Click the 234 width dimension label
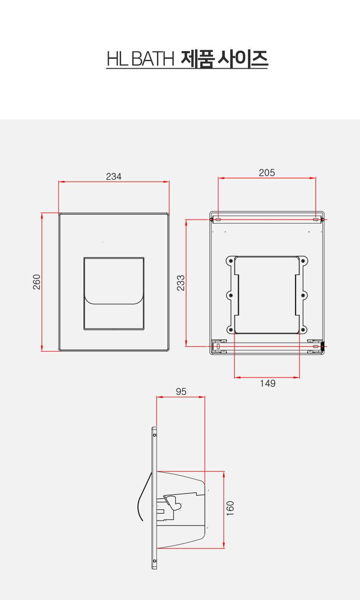pos(113,177)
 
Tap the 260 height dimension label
pos(37,282)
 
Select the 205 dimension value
pos(267,173)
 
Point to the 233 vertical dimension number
pos(181,283)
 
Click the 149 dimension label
pos(267,384)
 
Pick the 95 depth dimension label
pos(181,391)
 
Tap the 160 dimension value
pos(230,508)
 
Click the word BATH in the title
pos(153,59)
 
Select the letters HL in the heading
pos(117,59)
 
